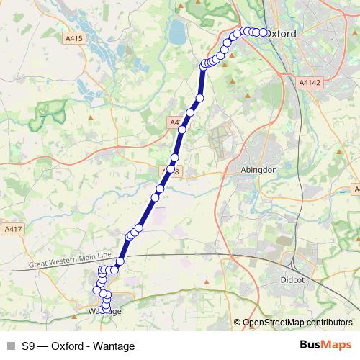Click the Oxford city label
tap(282, 33)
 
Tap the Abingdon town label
tap(257, 170)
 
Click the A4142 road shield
tap(309, 84)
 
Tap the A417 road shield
tap(12, 229)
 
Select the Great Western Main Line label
tap(71, 260)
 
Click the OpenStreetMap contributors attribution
tap(297, 322)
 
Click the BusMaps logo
tap(325, 344)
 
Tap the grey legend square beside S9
tap(10, 344)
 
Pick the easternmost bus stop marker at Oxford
tap(263, 32)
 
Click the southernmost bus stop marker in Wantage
tap(107, 310)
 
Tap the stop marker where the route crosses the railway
tap(120, 261)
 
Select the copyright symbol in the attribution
tap(238, 322)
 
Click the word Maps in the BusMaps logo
tap(337, 344)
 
